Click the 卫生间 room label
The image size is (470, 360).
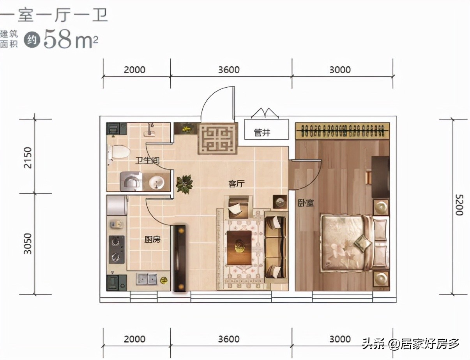click(x=148, y=161)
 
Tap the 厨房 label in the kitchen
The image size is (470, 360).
click(x=152, y=239)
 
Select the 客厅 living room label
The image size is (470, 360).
click(x=237, y=184)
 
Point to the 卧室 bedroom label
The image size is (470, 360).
click(x=306, y=203)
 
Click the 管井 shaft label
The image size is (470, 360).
click(x=262, y=132)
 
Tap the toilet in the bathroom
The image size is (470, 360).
click(x=118, y=151)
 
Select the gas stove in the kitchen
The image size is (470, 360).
click(x=117, y=249)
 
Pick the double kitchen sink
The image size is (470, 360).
click(x=146, y=279)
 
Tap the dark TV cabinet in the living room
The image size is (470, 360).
click(x=179, y=258)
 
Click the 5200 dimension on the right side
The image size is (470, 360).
click(x=459, y=205)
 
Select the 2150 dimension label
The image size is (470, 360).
click(x=28, y=158)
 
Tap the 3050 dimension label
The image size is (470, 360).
click(x=28, y=244)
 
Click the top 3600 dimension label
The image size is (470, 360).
click(x=229, y=70)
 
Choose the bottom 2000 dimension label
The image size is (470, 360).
click(x=134, y=339)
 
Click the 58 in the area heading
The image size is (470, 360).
click(x=58, y=39)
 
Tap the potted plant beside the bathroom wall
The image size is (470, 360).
click(x=184, y=184)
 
